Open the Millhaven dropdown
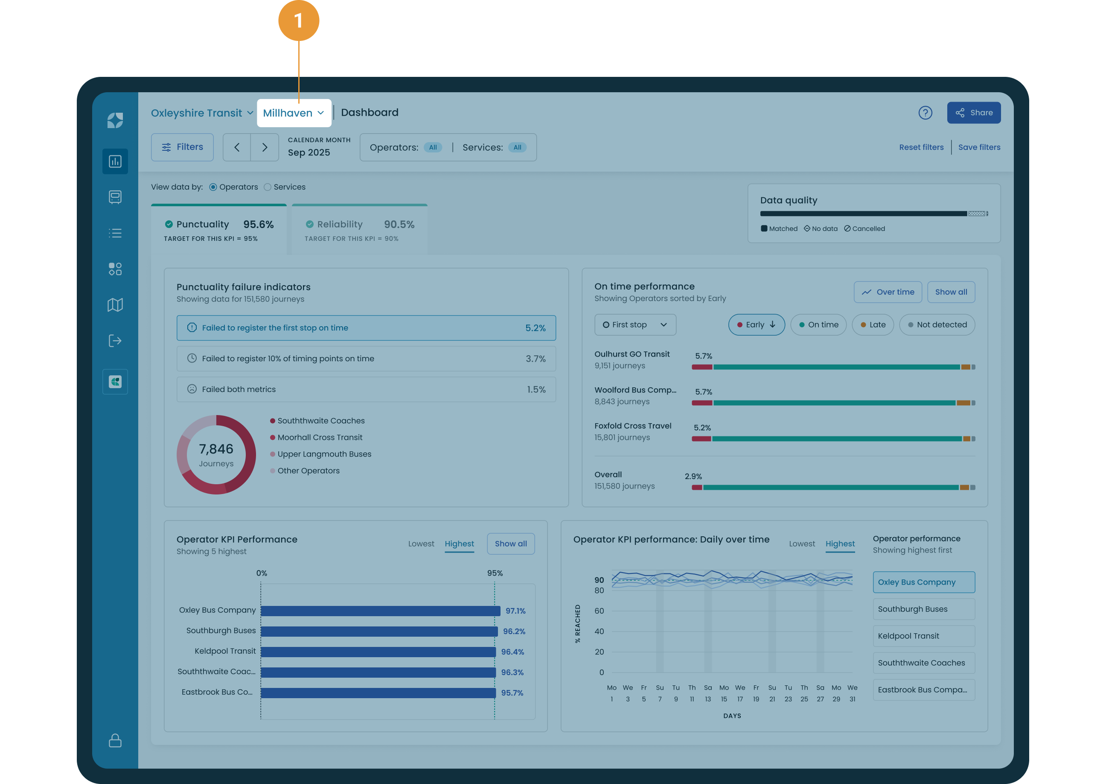(294, 114)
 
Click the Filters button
(182, 147)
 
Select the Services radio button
(268, 187)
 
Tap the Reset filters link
(921, 147)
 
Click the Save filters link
(979, 147)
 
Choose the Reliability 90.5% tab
(359, 230)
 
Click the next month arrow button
(264, 147)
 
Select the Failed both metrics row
(366, 389)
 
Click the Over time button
(888, 292)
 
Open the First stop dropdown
(635, 325)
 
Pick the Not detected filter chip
(937, 325)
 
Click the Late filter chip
(873, 325)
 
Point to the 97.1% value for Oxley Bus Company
(515, 611)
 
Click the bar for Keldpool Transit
(378, 652)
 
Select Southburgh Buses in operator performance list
(923, 609)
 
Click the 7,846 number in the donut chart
(216, 449)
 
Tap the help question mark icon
(925, 113)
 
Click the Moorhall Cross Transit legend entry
(319, 437)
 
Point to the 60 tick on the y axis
(599, 611)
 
